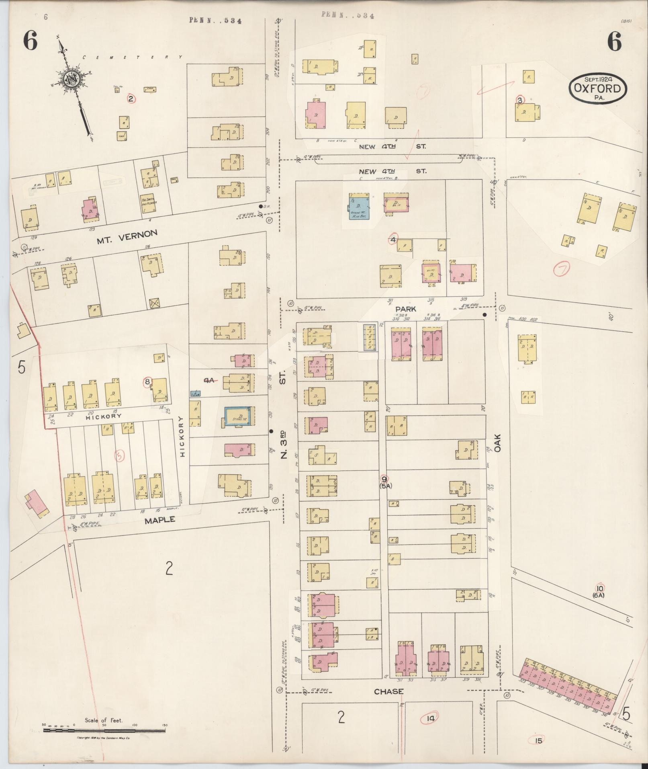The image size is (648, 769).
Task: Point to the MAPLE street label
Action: tap(160, 520)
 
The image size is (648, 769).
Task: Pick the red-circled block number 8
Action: tap(147, 381)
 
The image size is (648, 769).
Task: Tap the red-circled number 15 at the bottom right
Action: tap(539, 740)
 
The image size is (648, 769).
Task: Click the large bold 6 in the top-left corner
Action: tap(30, 41)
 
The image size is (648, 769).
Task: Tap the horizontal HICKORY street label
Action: tap(103, 416)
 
